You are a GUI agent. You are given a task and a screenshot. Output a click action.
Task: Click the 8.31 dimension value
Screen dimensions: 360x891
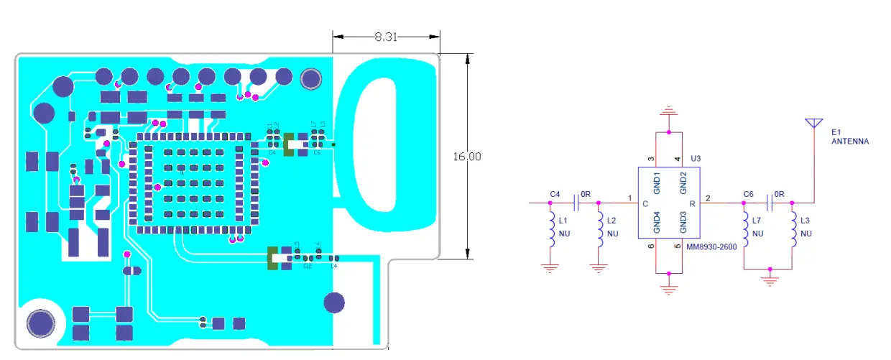[386, 37]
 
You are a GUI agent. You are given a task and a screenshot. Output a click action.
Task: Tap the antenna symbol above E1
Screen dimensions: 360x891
[813, 124]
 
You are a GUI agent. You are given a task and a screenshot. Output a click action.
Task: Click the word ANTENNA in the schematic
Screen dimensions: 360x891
[849, 142]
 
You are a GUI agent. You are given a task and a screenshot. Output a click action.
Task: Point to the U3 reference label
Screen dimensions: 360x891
[695, 158]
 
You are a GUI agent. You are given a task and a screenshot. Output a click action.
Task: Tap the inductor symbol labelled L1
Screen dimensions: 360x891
[552, 230]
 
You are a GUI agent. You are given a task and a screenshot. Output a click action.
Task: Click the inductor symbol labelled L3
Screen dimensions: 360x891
[793, 230]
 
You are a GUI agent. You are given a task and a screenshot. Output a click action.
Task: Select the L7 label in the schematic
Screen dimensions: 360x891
[758, 221]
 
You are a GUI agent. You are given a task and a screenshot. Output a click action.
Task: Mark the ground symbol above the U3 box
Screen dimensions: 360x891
[669, 113]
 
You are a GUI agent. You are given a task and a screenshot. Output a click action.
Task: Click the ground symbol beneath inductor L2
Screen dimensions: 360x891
[599, 268]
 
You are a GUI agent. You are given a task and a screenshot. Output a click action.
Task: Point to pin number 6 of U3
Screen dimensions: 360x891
[650, 246]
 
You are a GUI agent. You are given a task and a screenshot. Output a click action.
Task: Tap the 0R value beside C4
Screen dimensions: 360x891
[585, 195]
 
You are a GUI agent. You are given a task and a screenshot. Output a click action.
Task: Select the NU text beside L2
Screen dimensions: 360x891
[612, 234]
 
